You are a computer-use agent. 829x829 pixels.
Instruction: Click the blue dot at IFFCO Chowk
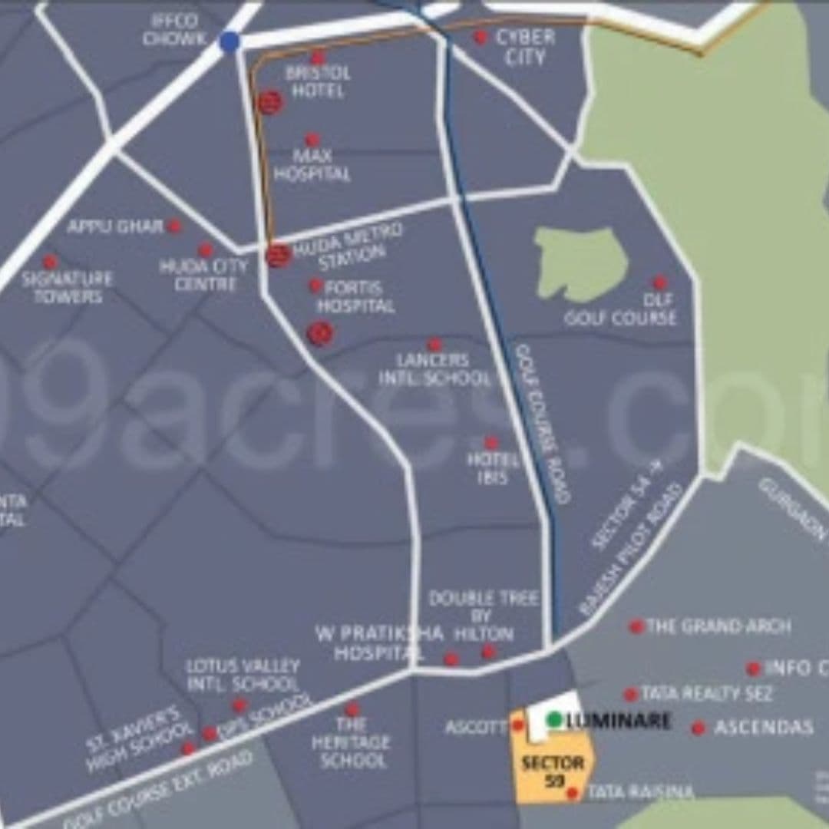(229, 41)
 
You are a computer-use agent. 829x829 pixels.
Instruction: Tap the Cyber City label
(525, 47)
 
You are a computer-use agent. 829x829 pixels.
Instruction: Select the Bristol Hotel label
(317, 81)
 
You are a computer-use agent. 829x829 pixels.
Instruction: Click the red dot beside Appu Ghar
(175, 226)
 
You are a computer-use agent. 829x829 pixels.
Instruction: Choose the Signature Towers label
(68, 286)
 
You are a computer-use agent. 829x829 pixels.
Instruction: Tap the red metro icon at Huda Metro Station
(279, 254)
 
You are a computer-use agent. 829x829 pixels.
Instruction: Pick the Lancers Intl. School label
(434, 369)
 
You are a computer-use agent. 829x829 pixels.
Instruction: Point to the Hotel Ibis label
(492, 467)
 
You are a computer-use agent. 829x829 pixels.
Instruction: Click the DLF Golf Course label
(621, 309)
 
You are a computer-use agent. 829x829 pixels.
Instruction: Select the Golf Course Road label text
(543, 423)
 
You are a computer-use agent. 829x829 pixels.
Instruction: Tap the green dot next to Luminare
(554, 720)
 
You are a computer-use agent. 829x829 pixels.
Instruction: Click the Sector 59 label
(553, 771)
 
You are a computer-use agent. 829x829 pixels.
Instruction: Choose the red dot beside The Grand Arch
(636, 626)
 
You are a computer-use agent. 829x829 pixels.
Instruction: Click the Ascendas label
(764, 727)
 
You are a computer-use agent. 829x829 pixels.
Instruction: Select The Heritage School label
(350, 742)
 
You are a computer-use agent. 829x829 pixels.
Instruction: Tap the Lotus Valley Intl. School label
(243, 674)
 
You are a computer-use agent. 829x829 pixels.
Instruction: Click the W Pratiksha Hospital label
(380, 643)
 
